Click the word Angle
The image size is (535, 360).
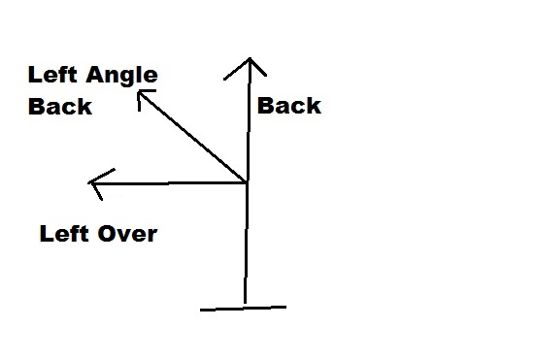121,76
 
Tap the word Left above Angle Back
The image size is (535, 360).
52,75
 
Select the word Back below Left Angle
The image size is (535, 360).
60,106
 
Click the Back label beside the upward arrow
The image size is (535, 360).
289,106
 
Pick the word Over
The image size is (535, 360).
127,234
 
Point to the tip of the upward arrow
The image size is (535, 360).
251,58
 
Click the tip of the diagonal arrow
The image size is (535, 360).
138,90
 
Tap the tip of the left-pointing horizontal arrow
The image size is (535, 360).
88,183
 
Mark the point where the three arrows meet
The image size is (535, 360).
247,182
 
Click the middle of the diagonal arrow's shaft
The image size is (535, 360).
192,137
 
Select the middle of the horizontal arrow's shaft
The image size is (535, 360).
168,183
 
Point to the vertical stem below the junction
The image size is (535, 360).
246,243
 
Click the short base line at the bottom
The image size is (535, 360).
243,309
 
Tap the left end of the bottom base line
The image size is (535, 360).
200,311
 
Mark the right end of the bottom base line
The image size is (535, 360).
286,307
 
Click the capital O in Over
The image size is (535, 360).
107,234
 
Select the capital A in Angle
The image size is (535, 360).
94,75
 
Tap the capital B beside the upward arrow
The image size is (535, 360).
265,106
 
